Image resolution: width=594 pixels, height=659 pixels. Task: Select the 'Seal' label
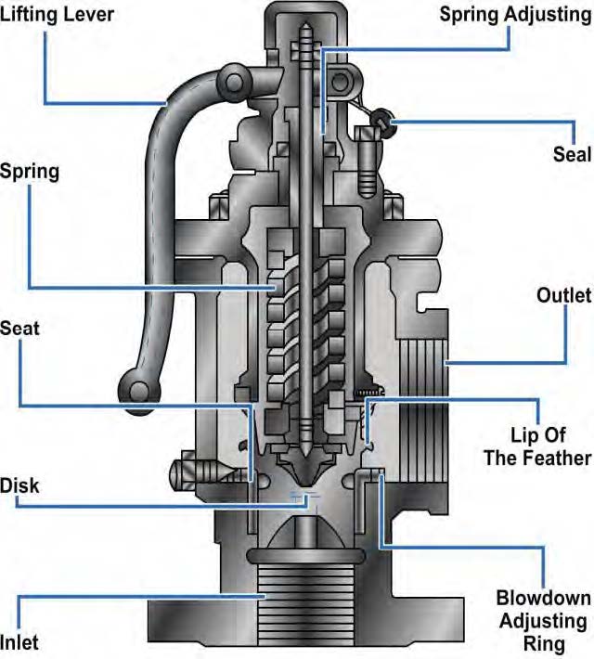[571, 154]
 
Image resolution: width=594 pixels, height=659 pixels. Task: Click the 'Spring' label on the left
[30, 171]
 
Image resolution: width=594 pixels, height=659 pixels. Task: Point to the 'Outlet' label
[563, 296]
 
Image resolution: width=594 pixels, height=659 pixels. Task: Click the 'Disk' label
[20, 485]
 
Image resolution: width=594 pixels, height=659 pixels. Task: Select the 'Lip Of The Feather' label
[551, 446]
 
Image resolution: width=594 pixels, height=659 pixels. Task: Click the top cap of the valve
[307, 23]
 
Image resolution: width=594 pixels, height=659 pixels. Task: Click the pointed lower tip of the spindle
[306, 459]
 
